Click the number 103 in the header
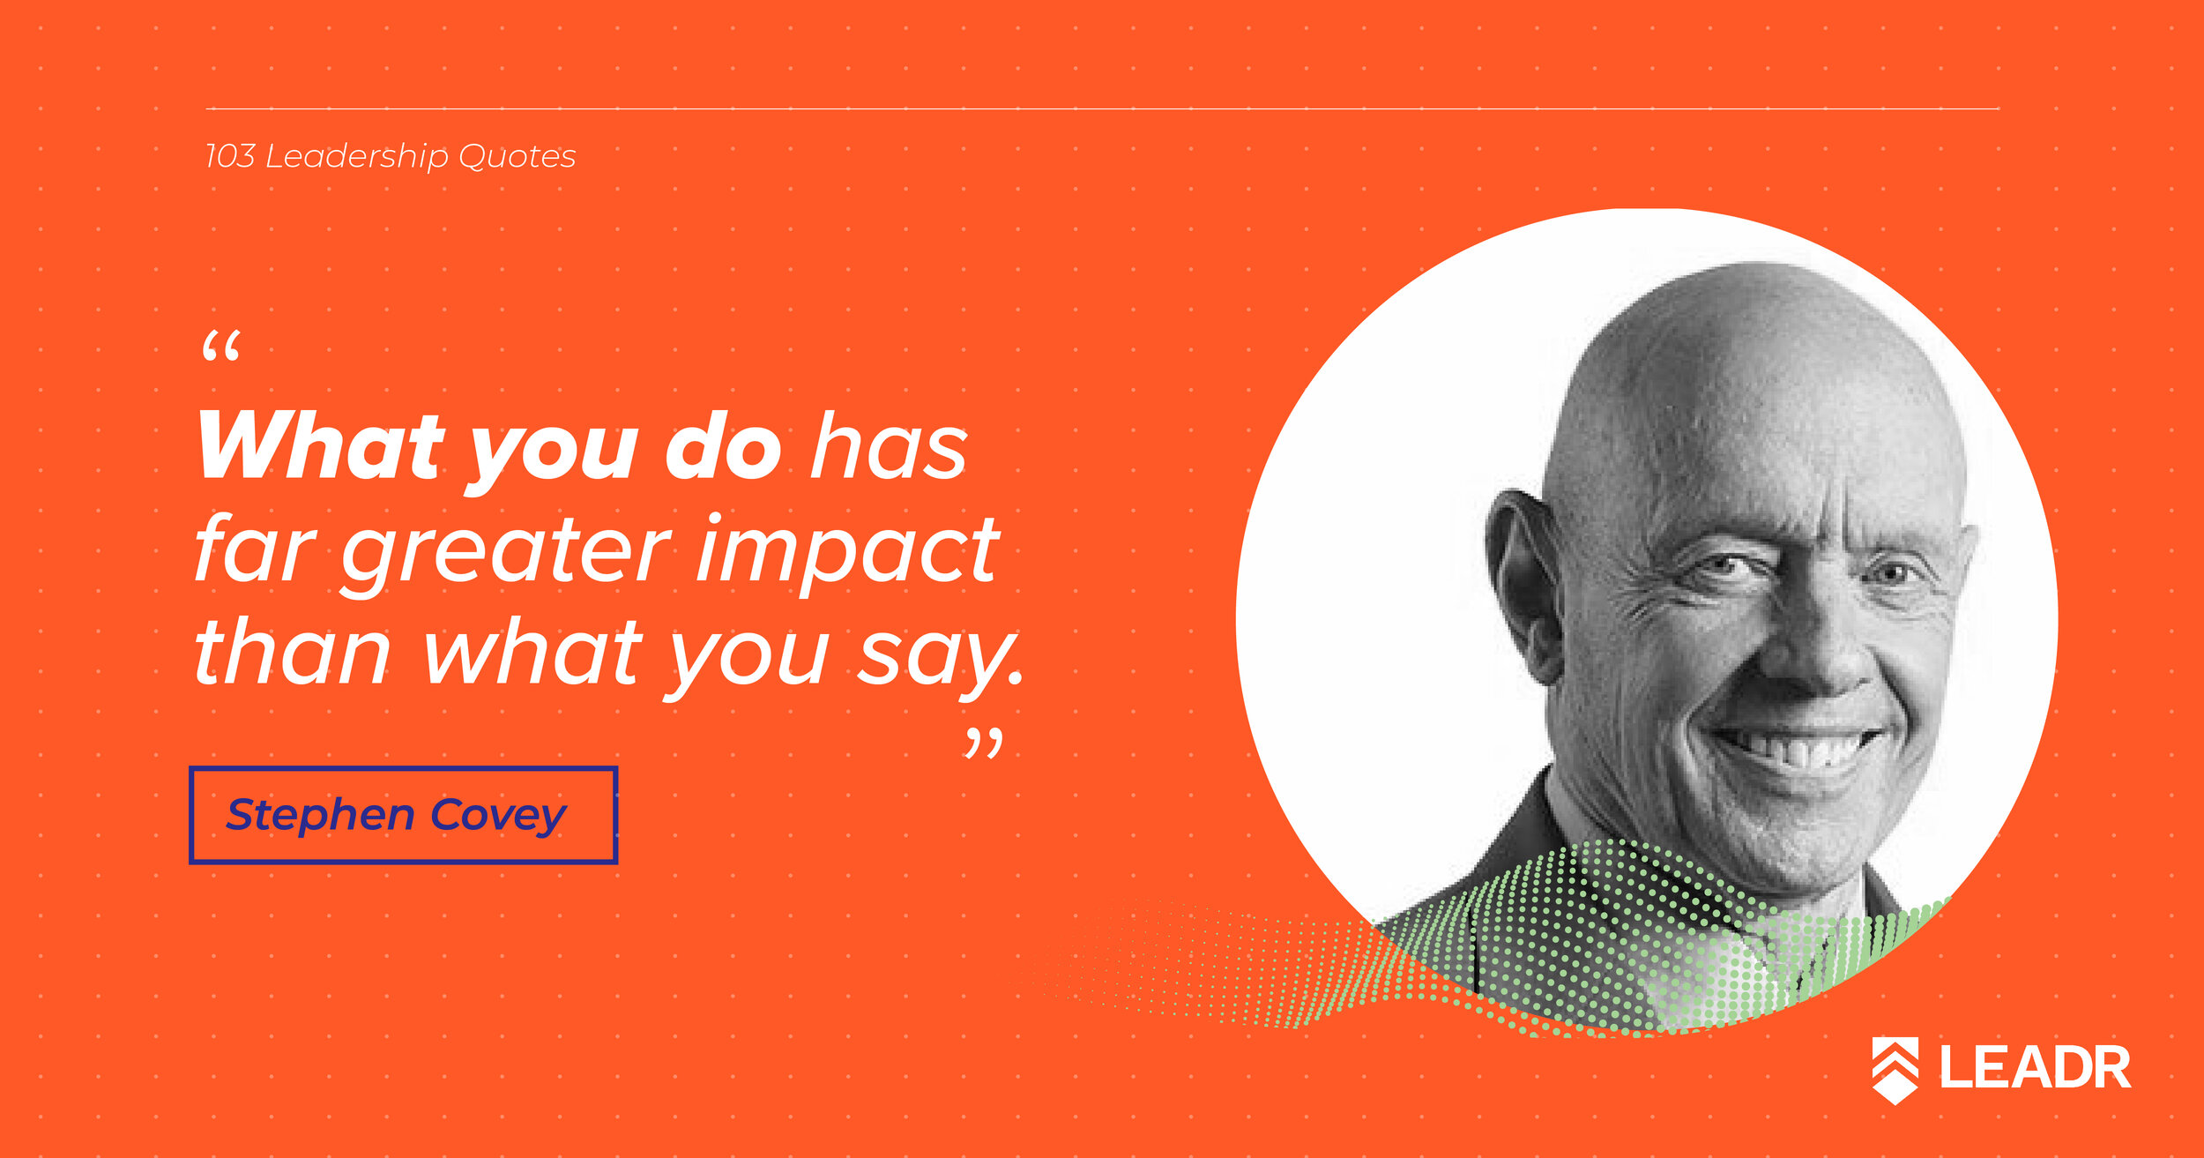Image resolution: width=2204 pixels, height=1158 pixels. point(229,156)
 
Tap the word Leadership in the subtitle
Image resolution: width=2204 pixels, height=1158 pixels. point(357,157)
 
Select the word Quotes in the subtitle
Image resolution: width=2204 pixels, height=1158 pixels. point(517,157)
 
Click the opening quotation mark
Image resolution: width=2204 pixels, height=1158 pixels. point(220,347)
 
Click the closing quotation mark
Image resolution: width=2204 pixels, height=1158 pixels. point(984,743)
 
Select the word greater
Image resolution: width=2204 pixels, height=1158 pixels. point(507,556)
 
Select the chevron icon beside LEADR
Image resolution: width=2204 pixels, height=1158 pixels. point(1895,1070)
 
